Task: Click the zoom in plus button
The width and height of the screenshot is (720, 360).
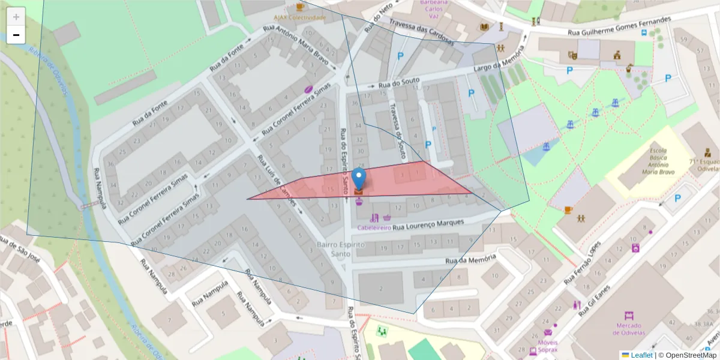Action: [16, 16]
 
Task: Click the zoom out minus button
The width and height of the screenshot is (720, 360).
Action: [16, 35]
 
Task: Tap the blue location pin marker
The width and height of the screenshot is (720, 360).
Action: [359, 178]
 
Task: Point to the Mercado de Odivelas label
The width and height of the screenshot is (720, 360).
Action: [628, 329]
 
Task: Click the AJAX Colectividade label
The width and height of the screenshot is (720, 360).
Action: [300, 17]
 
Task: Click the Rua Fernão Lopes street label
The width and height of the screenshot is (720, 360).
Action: [583, 264]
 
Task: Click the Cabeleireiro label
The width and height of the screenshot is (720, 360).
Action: [374, 228]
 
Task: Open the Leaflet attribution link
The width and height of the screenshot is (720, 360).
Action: [641, 355]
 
